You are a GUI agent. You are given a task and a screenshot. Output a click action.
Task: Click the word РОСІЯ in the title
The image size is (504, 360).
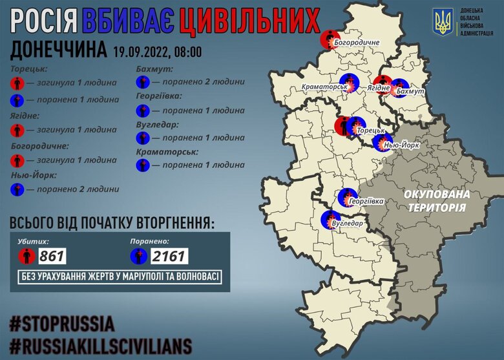(x=49, y=21)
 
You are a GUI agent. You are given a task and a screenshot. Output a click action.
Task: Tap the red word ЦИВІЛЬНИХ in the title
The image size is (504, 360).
(x=249, y=21)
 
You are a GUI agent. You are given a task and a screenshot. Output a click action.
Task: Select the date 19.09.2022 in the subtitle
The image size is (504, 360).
(x=140, y=50)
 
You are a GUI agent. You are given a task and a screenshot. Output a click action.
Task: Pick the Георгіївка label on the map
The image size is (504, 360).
(x=366, y=201)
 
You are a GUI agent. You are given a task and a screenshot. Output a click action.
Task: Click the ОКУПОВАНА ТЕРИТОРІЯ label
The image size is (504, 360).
(x=436, y=200)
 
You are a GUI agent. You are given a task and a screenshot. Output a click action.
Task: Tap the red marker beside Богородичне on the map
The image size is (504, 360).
(x=329, y=39)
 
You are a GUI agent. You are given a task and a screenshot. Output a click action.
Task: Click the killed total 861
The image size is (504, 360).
(x=52, y=257)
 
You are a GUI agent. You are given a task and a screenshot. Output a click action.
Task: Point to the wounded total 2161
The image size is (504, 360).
(x=169, y=257)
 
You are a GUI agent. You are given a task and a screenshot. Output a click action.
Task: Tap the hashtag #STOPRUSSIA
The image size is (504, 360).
(x=62, y=323)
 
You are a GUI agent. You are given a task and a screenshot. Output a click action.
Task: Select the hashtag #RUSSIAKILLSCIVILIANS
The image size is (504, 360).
(x=101, y=343)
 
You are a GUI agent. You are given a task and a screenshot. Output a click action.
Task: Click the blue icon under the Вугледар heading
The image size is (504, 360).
(x=143, y=138)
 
